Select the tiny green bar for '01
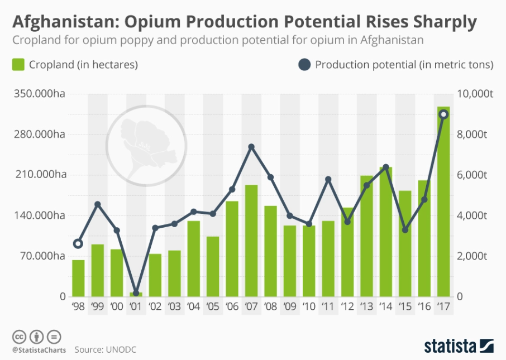point(136,294)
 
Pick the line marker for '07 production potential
point(251,147)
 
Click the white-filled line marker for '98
point(78,243)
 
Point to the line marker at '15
point(405,229)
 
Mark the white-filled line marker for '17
point(443,114)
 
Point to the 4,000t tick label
point(474,215)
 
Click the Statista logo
point(458,344)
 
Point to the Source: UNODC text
point(106,349)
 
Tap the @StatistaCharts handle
point(39,350)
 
